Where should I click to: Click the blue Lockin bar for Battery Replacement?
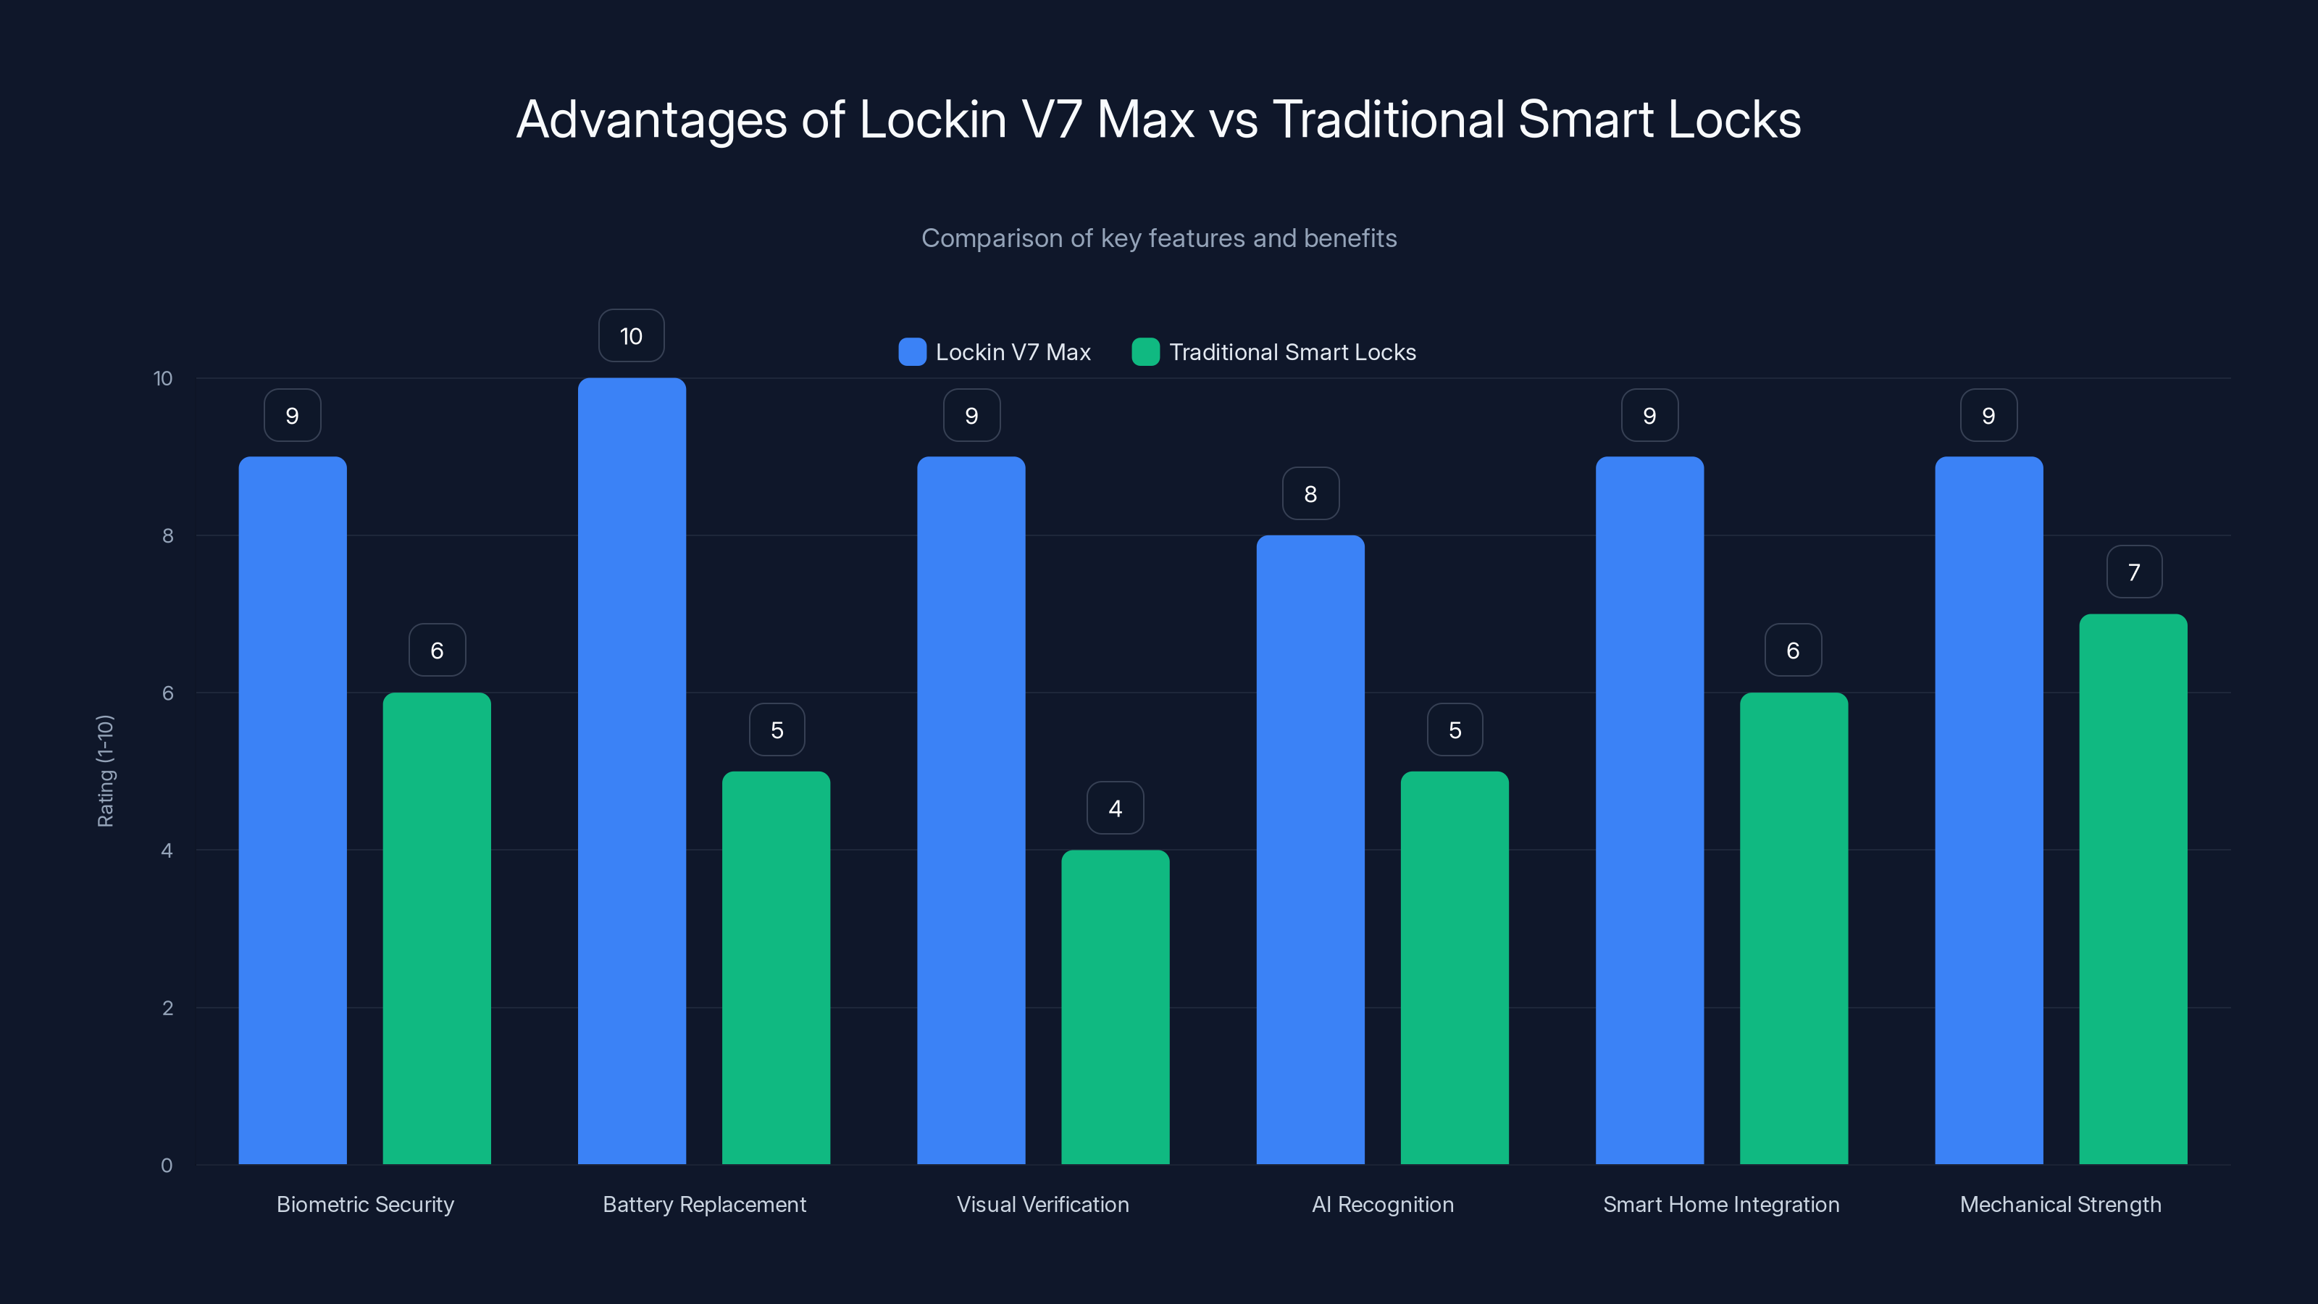coord(632,772)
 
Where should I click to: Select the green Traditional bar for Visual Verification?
coord(1115,1007)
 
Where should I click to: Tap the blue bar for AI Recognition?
coord(1310,850)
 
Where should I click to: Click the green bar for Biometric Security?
coord(436,928)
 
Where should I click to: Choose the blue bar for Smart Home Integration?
coord(1649,810)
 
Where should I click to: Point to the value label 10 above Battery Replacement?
coord(632,335)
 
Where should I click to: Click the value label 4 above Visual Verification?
coord(1115,808)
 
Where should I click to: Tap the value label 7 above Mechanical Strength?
coord(2133,572)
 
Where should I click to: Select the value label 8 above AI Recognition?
coord(1310,493)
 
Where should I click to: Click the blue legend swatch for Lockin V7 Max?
coord(911,352)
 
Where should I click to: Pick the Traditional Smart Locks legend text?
coord(1292,352)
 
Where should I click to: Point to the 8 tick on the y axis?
coord(167,535)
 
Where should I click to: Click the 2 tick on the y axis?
coord(167,1008)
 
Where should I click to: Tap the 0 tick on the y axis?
coord(167,1166)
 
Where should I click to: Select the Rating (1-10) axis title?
coord(105,772)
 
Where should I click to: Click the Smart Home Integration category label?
coord(1720,1204)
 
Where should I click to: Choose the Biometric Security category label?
coord(364,1204)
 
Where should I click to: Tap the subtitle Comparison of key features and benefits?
coord(1158,238)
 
